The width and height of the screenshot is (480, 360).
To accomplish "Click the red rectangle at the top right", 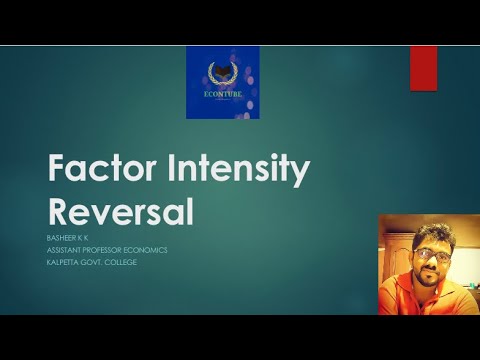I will pos(423,68).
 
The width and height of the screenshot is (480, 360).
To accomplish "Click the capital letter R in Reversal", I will pos(60,211).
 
